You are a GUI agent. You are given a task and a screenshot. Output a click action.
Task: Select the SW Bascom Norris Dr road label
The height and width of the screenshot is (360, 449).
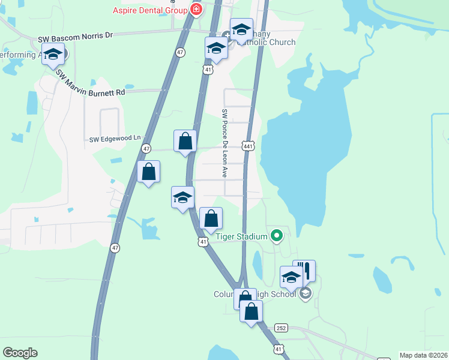coord(75,37)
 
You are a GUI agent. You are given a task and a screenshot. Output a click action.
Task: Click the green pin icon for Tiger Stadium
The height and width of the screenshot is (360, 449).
coord(276,236)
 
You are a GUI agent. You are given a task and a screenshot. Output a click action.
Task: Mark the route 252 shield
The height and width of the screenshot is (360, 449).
coord(281,328)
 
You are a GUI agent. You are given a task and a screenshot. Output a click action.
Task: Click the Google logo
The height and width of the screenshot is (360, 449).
coord(20,353)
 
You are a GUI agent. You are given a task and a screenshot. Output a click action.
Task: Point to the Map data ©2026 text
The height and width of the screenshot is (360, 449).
coord(424,355)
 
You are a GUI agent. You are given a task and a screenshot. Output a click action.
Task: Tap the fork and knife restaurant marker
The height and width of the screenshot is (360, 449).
coord(304,271)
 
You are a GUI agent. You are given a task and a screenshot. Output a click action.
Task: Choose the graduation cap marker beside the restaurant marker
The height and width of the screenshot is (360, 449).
coord(291,277)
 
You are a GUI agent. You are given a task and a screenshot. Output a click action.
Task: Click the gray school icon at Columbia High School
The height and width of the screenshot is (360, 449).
coord(306,293)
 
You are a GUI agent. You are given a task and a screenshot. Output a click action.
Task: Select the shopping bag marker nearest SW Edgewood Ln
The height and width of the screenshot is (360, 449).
coord(185,142)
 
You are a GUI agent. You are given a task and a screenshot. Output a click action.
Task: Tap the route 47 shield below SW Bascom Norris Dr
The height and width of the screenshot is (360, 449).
coord(180,52)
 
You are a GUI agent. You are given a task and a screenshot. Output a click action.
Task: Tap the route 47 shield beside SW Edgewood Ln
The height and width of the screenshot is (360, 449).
coord(146,148)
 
